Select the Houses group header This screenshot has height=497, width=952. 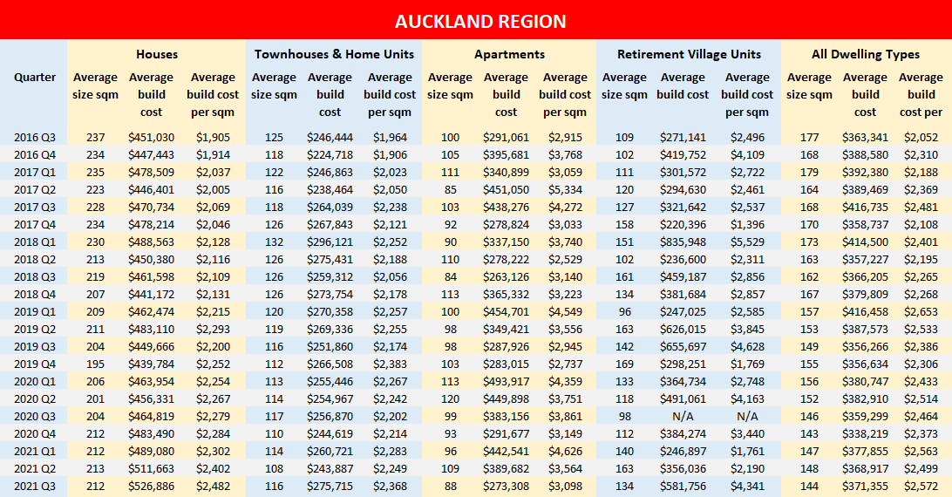click(157, 54)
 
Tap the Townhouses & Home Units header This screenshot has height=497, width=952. click(334, 54)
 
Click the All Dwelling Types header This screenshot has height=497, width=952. click(865, 54)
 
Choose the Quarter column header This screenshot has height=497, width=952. click(35, 77)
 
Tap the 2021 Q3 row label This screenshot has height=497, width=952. click(35, 486)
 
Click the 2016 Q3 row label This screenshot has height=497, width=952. click(35, 137)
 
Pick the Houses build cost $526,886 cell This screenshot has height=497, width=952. click(152, 486)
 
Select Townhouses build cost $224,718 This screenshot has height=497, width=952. click(330, 154)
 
